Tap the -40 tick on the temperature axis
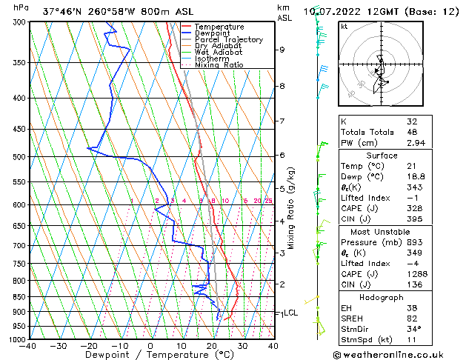pyautogui.click(x=28, y=345)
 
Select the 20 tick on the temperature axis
pyautogui.click(x=212, y=345)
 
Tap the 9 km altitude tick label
pyautogui.click(x=282, y=50)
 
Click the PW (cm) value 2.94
pyautogui.click(x=415, y=143)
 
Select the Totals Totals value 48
pyautogui.click(x=412, y=132)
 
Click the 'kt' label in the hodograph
pyautogui.click(x=344, y=27)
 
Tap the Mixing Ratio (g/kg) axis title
pyautogui.click(x=291, y=207)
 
